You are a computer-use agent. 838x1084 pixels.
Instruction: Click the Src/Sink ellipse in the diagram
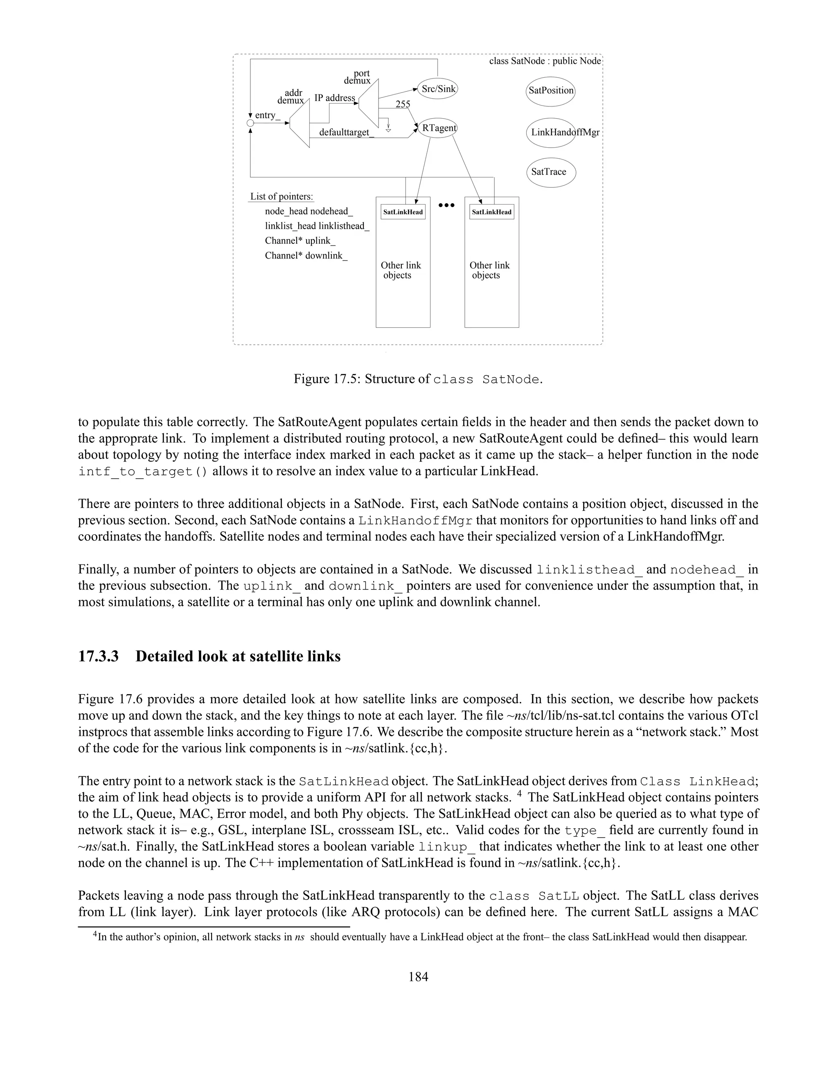pos(437,89)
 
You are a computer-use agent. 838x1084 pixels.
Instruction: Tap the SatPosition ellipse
pos(551,91)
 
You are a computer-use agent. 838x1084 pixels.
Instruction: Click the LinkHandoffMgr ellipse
pos(551,133)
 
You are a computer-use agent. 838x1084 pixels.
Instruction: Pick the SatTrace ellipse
pos(551,172)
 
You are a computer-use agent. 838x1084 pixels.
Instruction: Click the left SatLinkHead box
pos(403,212)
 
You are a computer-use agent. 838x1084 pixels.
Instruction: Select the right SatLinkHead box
pos(491,212)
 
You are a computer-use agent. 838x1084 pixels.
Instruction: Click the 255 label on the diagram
pos(403,104)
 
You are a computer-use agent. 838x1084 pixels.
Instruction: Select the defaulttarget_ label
pos(347,133)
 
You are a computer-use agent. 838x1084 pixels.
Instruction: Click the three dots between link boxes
pos(446,205)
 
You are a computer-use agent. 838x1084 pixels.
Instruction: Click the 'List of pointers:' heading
pos(282,196)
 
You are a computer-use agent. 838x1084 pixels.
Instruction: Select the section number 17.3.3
pos(98,656)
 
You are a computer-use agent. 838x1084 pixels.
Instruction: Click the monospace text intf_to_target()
pos(143,472)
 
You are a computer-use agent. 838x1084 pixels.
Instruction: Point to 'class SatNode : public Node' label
pos(545,61)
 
